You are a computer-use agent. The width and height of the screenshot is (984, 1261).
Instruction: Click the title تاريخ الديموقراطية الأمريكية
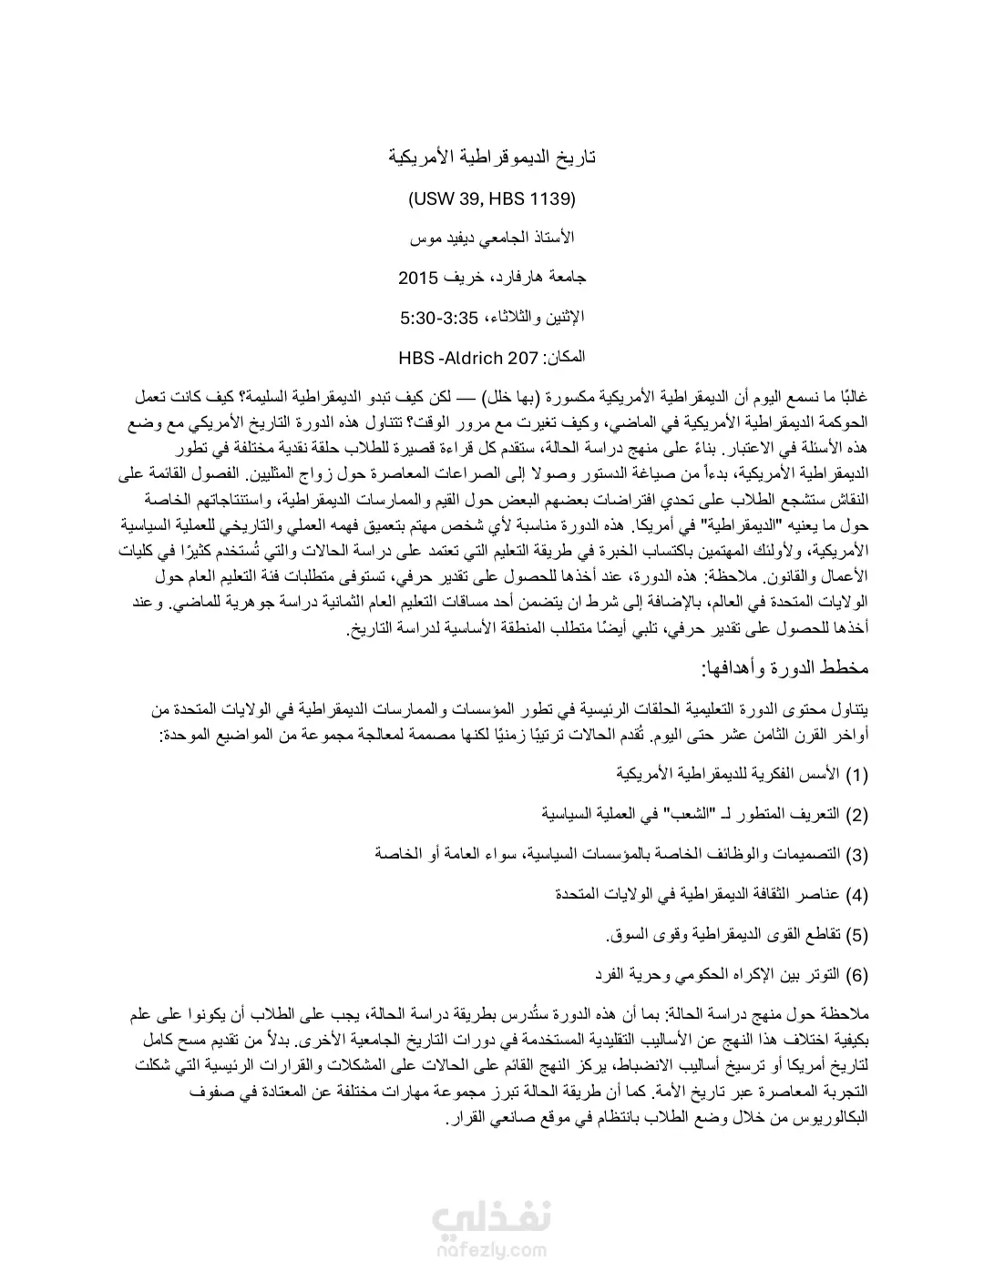click(492, 157)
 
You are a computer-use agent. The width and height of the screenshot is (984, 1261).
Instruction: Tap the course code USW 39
click(450, 198)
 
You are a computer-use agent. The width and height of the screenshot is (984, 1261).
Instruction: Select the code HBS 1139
click(534, 198)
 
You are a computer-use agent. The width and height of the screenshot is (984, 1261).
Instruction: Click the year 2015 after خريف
click(419, 277)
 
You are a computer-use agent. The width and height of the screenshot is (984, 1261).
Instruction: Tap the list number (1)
click(857, 775)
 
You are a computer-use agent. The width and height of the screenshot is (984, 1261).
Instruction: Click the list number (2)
click(857, 814)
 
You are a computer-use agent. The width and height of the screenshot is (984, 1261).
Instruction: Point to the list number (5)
click(857, 934)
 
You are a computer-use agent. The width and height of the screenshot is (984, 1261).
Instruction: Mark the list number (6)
click(857, 974)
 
